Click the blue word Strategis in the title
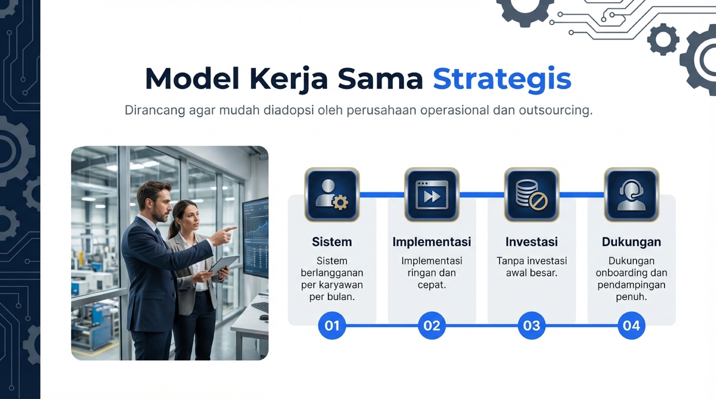tap(502, 79)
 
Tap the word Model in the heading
tap(192, 79)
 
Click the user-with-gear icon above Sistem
tap(332, 195)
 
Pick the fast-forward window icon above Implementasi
tap(432, 195)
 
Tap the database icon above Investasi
tap(532, 195)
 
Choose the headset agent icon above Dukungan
tap(632, 195)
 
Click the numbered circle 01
tap(332, 325)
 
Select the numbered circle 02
tap(432, 325)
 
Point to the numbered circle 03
tap(532, 325)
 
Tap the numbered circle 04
tap(632, 325)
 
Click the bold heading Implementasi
tap(432, 242)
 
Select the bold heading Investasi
tap(532, 242)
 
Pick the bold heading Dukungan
tap(632, 242)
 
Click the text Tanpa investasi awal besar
tap(532, 267)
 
